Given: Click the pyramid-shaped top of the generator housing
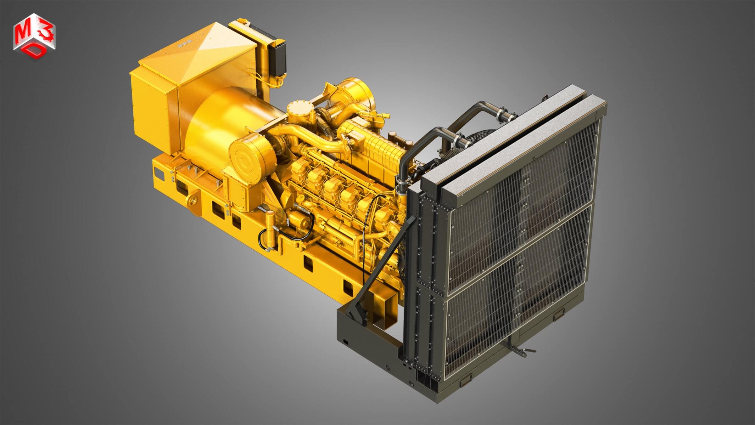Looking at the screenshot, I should tap(201, 47).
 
